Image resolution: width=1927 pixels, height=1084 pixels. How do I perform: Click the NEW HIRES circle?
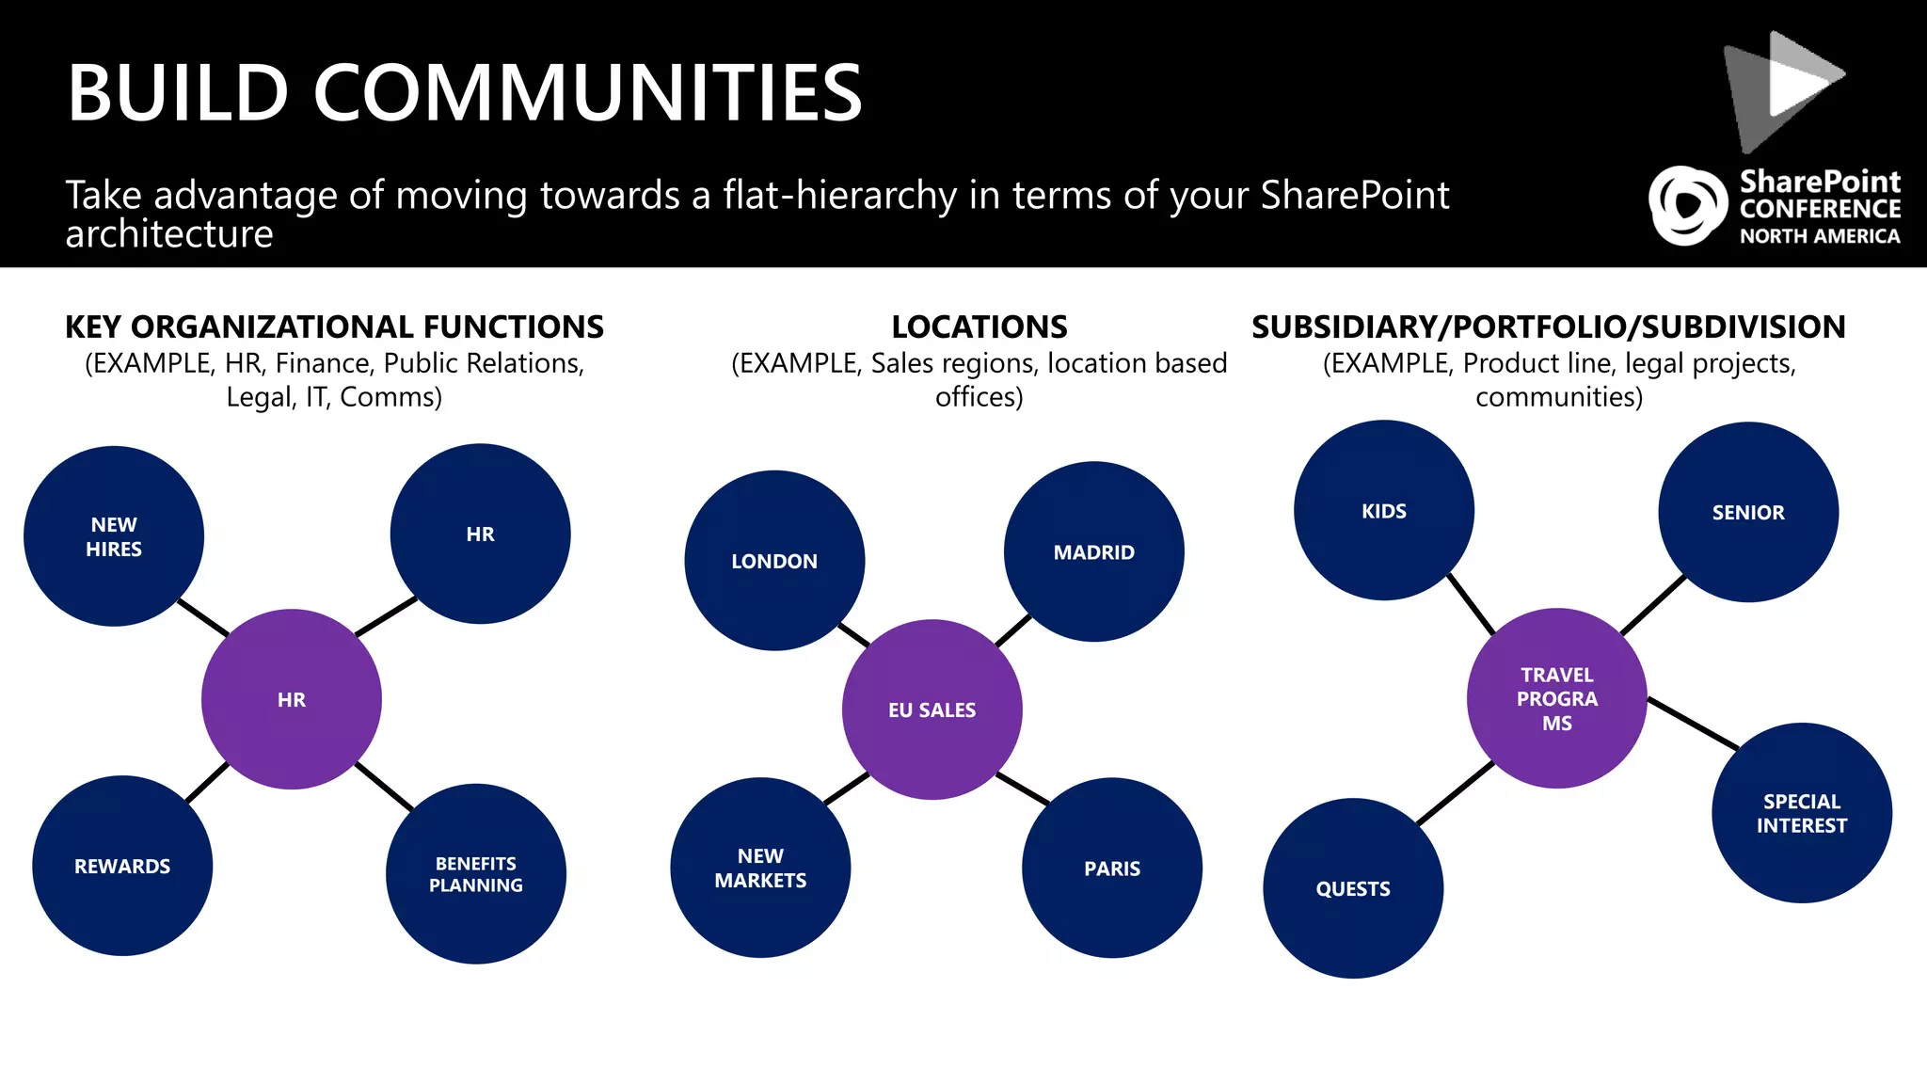pos(114,536)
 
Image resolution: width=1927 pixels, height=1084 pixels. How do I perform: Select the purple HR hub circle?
pos(292,699)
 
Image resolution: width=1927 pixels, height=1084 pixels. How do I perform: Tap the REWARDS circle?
pos(122,866)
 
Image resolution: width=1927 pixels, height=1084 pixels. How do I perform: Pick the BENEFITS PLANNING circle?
pos(476,874)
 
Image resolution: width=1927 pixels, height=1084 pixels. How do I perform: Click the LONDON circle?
pos(774,561)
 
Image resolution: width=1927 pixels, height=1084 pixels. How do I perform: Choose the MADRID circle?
pos(1093,552)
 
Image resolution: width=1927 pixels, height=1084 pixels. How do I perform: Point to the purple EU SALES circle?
pos(932,709)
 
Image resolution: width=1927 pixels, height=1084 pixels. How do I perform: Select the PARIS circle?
pos(1112,868)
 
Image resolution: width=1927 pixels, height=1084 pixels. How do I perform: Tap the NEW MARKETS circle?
pos(760,868)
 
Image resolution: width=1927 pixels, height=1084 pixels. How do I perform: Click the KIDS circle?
pos(1384,511)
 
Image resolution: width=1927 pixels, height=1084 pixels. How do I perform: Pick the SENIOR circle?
pos(1748,512)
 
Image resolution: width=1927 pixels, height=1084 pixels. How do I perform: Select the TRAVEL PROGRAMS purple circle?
pos(1557,698)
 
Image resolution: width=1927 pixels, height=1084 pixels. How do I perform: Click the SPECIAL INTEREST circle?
pos(1802,813)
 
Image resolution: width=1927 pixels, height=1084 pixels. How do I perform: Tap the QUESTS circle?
pos(1353,888)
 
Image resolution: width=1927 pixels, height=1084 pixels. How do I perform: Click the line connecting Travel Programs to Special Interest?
pos(1693,724)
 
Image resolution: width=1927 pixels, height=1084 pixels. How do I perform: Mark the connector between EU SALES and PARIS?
pos(1023,789)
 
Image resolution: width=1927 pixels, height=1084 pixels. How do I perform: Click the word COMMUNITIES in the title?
pos(587,93)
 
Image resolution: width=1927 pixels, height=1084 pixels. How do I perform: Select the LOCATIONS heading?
pos(979,327)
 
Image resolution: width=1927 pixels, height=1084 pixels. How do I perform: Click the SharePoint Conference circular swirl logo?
pos(1688,206)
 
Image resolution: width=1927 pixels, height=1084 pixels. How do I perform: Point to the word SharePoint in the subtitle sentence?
pos(1355,195)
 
